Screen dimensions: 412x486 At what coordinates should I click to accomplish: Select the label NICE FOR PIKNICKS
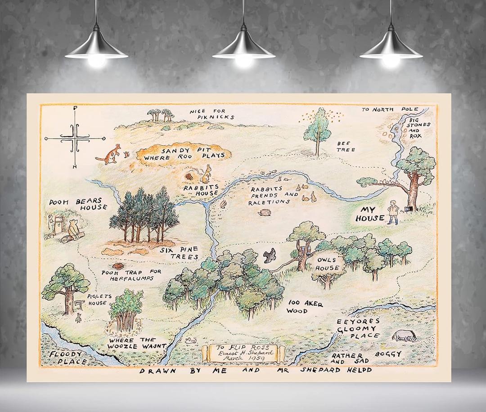(x=211, y=114)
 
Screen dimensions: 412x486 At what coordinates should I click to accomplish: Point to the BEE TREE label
(x=346, y=146)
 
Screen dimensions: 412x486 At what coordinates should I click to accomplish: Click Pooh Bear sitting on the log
(x=74, y=230)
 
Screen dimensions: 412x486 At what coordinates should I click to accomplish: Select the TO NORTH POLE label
(x=389, y=109)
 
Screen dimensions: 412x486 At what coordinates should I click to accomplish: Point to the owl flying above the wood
(x=270, y=255)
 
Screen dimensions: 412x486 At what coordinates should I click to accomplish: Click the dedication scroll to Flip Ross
(x=243, y=352)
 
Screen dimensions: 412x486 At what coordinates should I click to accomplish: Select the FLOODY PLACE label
(x=68, y=358)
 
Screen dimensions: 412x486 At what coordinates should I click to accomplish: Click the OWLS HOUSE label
(x=327, y=264)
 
